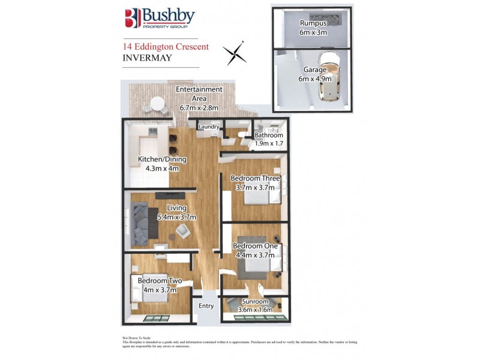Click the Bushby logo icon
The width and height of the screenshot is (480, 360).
[132, 18]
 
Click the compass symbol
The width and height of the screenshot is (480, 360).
[235, 52]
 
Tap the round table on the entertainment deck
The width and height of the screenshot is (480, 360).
[158, 104]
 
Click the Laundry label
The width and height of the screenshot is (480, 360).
[208, 127]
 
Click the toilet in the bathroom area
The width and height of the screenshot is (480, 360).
[242, 135]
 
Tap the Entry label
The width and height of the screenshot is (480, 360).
[206, 306]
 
